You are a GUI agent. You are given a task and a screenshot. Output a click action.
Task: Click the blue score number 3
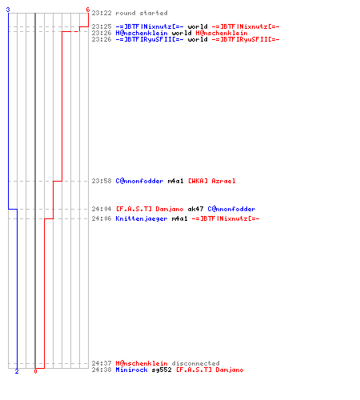coord(8,10)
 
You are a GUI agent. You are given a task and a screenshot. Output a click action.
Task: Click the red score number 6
coord(88,10)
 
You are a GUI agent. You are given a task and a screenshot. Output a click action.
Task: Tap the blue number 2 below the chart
coord(17,371)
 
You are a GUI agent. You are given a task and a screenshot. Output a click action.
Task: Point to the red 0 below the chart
coord(35,371)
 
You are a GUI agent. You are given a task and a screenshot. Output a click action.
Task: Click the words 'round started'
coord(142,13)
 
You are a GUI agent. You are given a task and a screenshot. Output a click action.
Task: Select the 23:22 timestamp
coord(102,13)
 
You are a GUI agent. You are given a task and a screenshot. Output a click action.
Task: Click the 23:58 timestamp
coord(102,181)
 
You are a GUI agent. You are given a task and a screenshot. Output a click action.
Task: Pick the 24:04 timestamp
coord(102,209)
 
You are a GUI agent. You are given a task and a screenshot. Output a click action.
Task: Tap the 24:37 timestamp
coord(102,363)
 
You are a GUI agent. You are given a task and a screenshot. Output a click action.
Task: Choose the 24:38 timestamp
coord(102,370)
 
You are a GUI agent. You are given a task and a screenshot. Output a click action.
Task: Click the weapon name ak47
coord(195,209)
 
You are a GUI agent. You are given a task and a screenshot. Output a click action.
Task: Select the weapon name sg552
coord(162,370)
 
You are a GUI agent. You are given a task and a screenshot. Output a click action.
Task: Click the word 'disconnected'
coord(195,363)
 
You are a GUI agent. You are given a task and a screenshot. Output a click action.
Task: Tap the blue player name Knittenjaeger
coord(142,218)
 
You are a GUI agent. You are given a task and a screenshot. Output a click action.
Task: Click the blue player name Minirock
coord(131,370)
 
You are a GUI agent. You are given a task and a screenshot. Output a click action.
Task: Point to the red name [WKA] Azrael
coord(212,181)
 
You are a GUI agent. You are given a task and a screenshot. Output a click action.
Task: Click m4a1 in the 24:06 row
coord(179,218)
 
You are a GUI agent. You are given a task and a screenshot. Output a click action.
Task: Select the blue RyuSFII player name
coord(150,39)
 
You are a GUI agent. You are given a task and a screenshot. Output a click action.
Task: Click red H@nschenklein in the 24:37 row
coord(142,363)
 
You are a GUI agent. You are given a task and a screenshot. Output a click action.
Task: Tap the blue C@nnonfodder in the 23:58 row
coord(139,181)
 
